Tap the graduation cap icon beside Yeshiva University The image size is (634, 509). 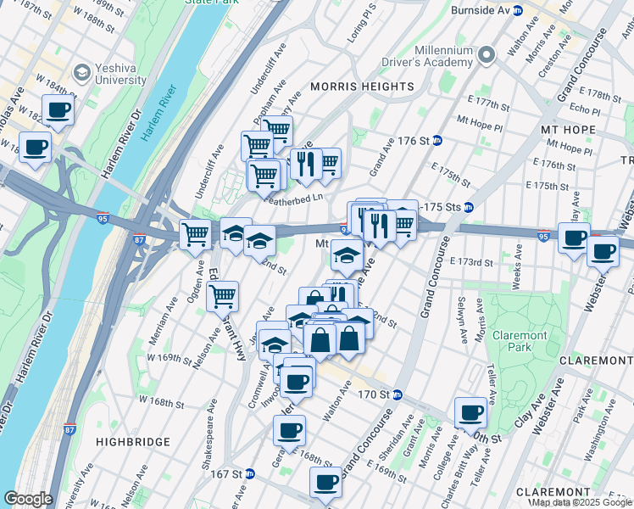pyautogui.click(x=82, y=73)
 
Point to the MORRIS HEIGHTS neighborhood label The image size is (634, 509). pyautogui.click(x=362, y=87)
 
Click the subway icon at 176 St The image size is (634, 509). pyautogui.click(x=437, y=140)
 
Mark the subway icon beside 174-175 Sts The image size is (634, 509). pyautogui.click(x=468, y=207)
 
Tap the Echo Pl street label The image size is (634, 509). pyautogui.click(x=585, y=109)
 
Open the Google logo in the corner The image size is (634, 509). pyautogui.click(x=28, y=499)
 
